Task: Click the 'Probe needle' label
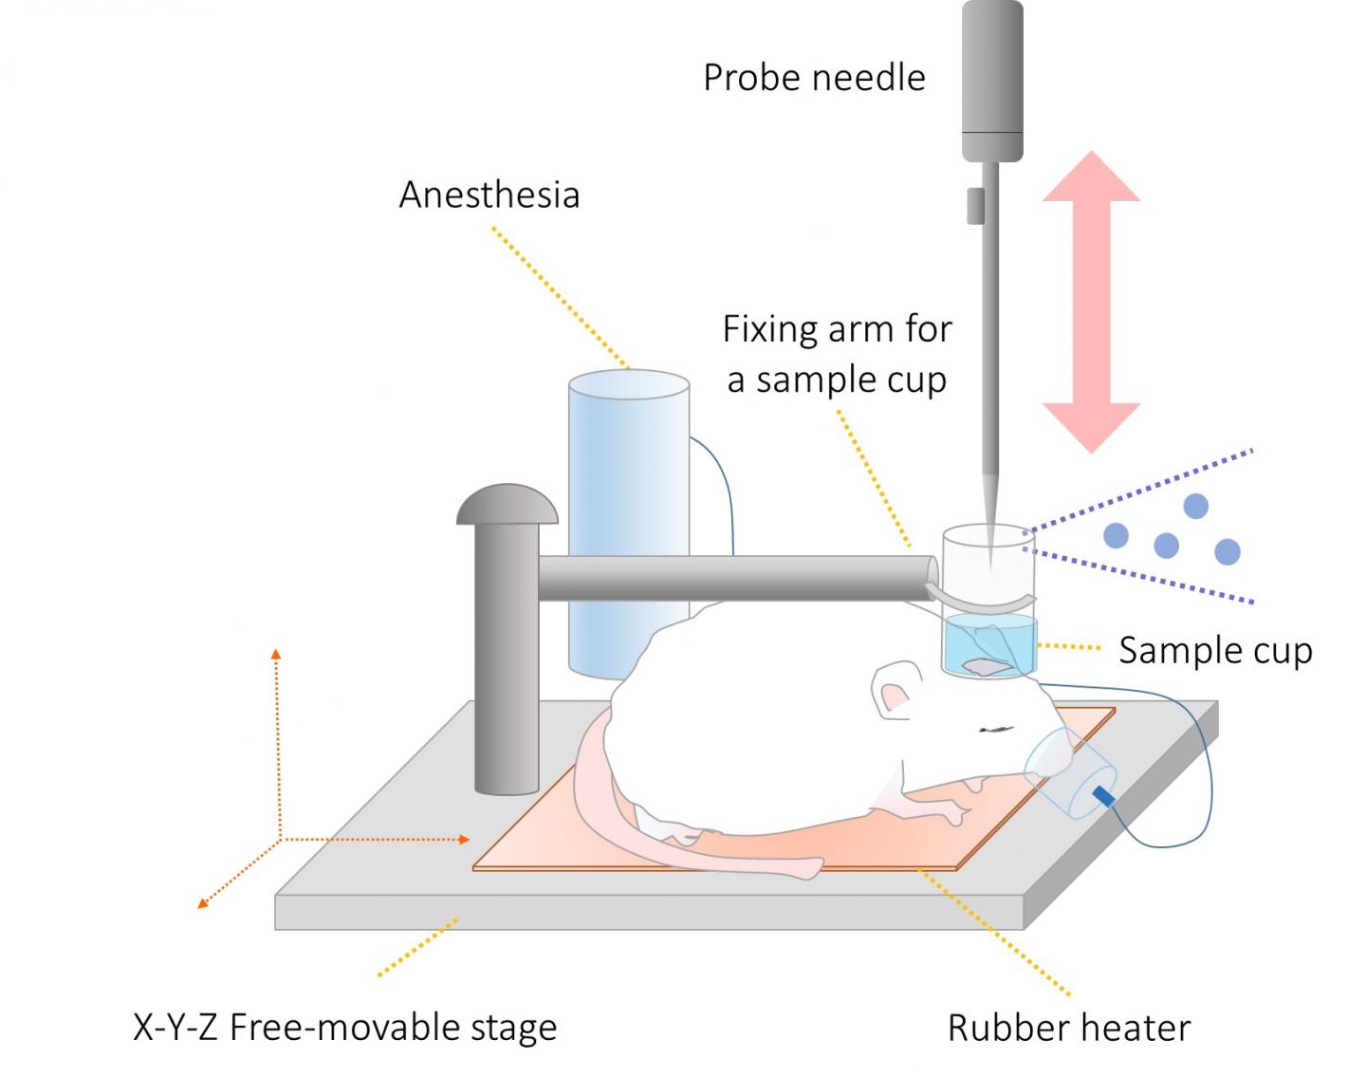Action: (x=814, y=78)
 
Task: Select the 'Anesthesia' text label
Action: (x=489, y=195)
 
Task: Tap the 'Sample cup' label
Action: (x=1215, y=651)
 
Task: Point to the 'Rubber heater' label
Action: (x=1069, y=1028)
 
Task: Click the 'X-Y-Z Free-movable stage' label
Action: (x=344, y=1028)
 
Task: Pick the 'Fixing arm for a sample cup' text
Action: (x=837, y=354)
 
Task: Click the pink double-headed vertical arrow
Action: (x=1091, y=301)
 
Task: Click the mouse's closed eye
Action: (x=996, y=730)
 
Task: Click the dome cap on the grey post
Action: (x=507, y=505)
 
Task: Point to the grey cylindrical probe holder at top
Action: (x=992, y=81)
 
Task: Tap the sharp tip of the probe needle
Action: (x=990, y=564)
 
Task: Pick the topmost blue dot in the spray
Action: (x=1195, y=506)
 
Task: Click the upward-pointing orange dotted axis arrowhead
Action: (x=276, y=654)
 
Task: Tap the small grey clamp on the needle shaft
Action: (x=975, y=205)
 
